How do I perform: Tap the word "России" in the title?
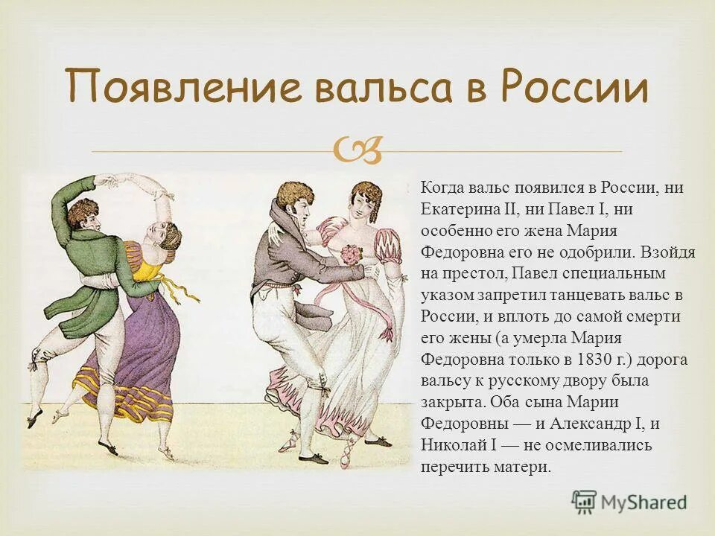573,88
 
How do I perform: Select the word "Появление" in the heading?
183,88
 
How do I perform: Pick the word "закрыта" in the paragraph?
449,402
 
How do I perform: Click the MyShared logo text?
643,502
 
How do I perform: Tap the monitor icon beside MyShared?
584,501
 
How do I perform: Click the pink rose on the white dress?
349,255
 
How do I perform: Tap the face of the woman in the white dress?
364,204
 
